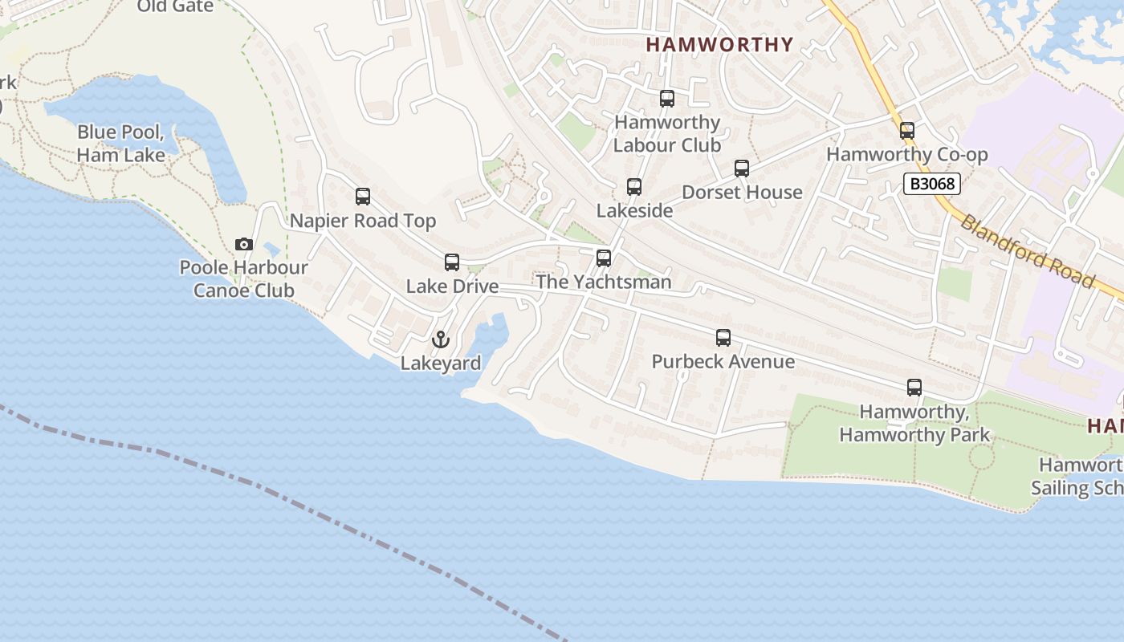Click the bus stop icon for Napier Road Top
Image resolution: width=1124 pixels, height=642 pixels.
tap(363, 196)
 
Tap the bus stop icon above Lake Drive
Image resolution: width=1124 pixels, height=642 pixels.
tap(452, 262)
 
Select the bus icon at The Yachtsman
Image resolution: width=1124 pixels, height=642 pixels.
tap(604, 258)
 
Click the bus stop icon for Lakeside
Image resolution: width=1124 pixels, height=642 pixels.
tap(634, 187)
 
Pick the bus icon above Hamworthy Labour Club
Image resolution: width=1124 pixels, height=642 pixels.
tap(667, 99)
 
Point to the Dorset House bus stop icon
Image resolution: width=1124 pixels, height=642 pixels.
tap(742, 169)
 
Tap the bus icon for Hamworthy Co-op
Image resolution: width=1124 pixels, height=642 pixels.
tap(907, 130)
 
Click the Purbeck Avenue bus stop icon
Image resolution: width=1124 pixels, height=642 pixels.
tap(723, 338)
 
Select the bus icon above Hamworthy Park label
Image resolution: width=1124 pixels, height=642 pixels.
tap(914, 388)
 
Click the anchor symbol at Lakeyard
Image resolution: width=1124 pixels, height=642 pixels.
tap(440, 339)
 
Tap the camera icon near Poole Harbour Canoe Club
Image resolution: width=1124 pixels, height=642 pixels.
tap(243, 244)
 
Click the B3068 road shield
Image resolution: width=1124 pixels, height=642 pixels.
tap(932, 184)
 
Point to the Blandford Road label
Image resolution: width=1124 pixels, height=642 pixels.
tap(1027, 250)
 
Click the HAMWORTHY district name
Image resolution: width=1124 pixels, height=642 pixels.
tap(719, 45)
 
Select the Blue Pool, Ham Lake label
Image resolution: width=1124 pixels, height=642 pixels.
tap(121, 144)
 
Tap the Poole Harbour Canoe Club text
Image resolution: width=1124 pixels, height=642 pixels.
tap(244, 278)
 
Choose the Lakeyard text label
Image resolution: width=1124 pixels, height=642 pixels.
tap(441, 364)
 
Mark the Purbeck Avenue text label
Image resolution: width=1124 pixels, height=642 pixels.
tap(723, 362)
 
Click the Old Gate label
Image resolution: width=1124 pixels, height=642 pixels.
tap(175, 6)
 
